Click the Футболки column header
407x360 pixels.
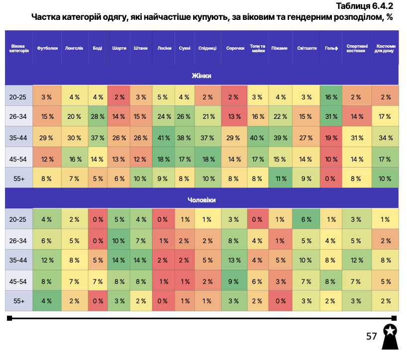pyautogui.click(x=47, y=48)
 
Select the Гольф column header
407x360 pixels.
pyautogui.click(x=331, y=48)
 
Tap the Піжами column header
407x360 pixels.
pyautogui.click(x=280, y=48)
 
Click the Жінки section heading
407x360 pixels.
pyautogui.click(x=202, y=76)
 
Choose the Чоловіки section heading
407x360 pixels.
pyautogui.click(x=202, y=200)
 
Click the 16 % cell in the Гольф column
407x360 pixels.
pyautogui.click(x=331, y=97)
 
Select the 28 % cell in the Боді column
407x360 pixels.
pyautogui.click(x=98, y=117)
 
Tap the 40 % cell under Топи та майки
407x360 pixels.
pyautogui.click(x=258, y=137)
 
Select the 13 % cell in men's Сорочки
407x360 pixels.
pyautogui.click(x=233, y=260)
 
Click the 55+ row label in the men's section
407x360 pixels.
pyautogui.click(x=19, y=300)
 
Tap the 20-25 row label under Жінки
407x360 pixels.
pyautogui.click(x=19, y=97)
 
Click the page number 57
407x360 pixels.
pyautogui.click(x=371, y=337)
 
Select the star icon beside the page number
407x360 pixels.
pyautogui.click(x=391, y=330)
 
